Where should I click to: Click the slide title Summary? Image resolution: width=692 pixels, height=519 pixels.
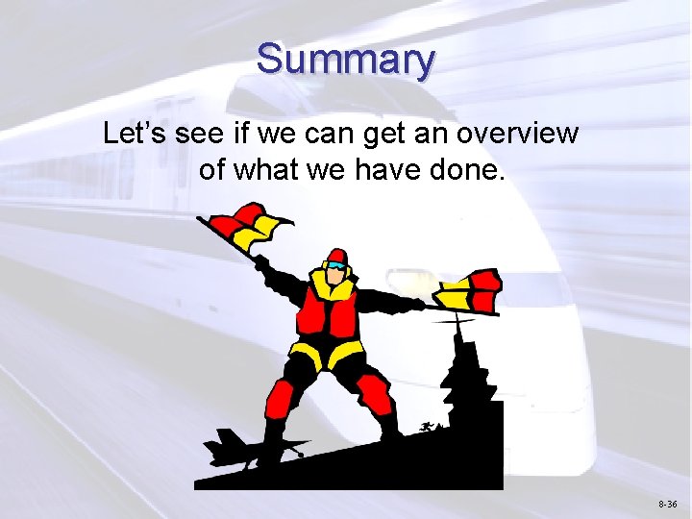tap(345, 60)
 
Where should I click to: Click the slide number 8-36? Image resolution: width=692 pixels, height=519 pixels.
tap(668, 505)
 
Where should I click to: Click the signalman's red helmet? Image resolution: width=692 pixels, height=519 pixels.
tap(335, 257)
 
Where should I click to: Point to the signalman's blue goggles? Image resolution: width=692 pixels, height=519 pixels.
tap(335, 266)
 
